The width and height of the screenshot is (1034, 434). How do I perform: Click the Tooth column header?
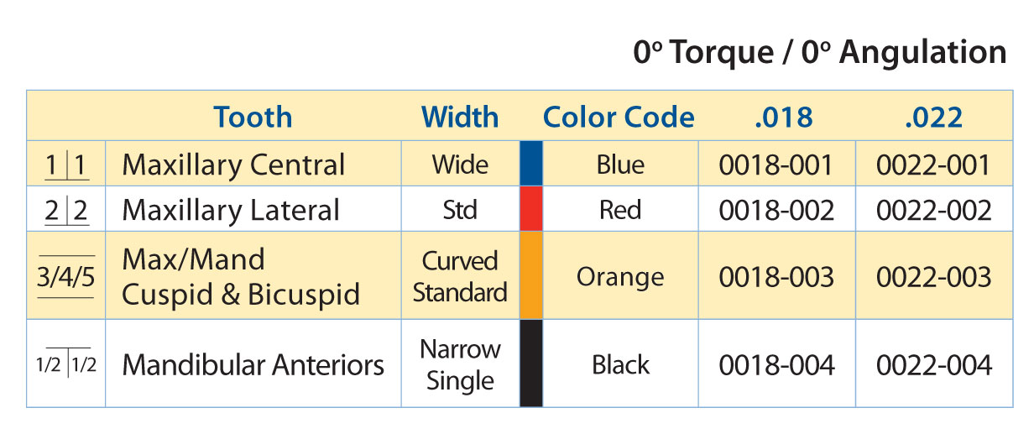(253, 117)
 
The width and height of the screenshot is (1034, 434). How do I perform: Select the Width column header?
(460, 117)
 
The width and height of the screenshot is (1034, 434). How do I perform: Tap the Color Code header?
(619, 117)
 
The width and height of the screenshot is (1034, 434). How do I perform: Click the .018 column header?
(784, 118)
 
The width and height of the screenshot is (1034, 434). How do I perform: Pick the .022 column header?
(934, 118)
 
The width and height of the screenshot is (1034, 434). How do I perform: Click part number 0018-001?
(776, 165)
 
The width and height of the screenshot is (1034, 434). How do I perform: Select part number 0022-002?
(934, 211)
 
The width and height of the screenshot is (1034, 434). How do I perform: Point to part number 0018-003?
(776, 277)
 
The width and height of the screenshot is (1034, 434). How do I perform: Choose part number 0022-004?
(934, 365)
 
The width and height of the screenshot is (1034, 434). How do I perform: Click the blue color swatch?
(531, 164)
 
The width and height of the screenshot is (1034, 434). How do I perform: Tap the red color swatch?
(531, 209)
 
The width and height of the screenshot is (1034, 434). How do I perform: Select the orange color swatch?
(531, 275)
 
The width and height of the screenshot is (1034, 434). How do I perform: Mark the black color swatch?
(531, 363)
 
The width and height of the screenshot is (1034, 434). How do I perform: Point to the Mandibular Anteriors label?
(253, 365)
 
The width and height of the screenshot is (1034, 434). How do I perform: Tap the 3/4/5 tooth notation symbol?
(66, 276)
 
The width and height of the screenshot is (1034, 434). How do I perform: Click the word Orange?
(620, 278)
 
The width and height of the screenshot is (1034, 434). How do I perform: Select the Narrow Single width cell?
(460, 364)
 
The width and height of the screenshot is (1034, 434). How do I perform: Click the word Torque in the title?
(723, 53)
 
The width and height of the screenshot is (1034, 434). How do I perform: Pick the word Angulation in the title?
(922, 53)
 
